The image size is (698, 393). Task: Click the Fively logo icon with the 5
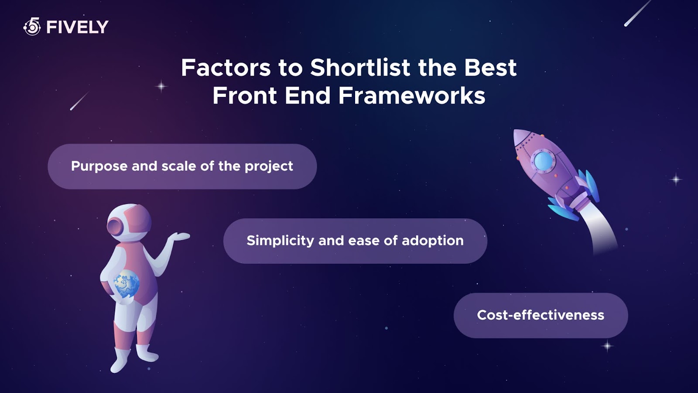pos(32,27)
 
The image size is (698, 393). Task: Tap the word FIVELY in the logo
pos(77,27)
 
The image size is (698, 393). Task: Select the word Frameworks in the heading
pos(412,95)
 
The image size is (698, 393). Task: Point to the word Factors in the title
pos(226,68)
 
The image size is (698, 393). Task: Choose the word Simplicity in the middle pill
pos(280,241)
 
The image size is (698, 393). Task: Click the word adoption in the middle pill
pos(432,241)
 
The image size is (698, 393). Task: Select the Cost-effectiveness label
pos(541,315)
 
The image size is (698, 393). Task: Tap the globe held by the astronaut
pos(126,283)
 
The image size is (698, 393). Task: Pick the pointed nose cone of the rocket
pos(521,137)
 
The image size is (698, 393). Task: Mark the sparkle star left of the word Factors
pos(161,86)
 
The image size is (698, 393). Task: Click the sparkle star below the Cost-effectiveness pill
pos(607,346)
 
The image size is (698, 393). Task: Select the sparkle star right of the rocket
pos(676,179)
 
